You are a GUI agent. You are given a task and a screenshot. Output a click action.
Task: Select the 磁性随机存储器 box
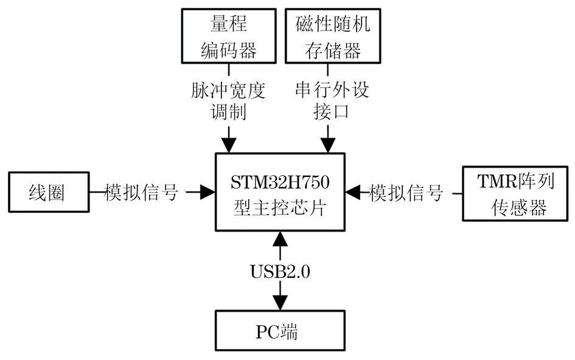pyautogui.click(x=329, y=37)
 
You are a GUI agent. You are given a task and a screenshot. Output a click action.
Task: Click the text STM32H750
pyautogui.click(x=281, y=182)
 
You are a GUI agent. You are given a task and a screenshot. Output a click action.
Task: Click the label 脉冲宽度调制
pyautogui.click(x=229, y=101)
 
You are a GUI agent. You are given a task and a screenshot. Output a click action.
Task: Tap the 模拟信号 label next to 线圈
pyautogui.click(x=142, y=193)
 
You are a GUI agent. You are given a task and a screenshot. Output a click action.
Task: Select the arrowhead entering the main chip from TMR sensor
pyautogui.click(x=352, y=193)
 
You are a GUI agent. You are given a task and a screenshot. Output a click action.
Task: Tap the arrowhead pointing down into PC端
pyautogui.click(x=281, y=302)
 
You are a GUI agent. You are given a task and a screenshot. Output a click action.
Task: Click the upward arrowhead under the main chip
pyautogui.click(x=281, y=238)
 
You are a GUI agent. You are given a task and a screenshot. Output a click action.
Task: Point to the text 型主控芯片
pyautogui.click(x=281, y=207)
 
